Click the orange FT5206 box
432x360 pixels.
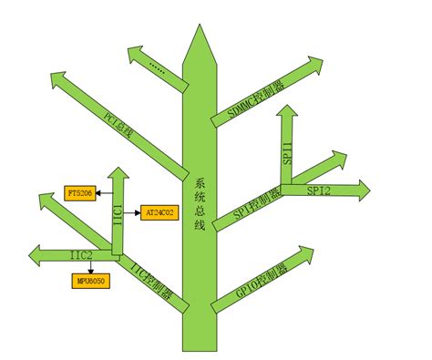(79, 192)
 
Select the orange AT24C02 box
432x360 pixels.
(161, 212)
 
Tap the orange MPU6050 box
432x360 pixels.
(90, 281)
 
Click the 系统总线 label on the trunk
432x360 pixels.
(201, 204)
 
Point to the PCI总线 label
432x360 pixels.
(118, 126)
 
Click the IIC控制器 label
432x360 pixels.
(152, 280)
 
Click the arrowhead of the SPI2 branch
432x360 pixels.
(364, 190)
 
